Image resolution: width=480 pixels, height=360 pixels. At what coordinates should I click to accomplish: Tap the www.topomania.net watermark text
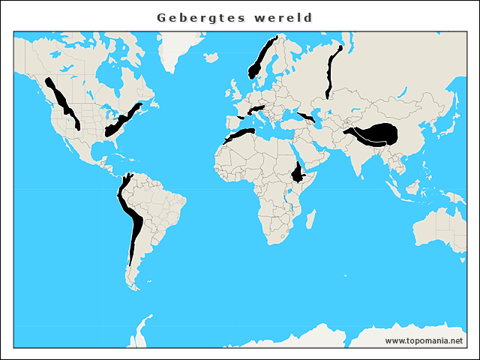click(x=424, y=340)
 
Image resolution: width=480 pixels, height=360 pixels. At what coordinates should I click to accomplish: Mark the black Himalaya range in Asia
click(x=379, y=134)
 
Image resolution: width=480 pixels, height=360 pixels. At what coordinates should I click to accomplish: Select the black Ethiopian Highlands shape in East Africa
click(x=300, y=173)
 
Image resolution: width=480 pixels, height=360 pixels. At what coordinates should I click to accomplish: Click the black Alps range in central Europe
click(x=257, y=109)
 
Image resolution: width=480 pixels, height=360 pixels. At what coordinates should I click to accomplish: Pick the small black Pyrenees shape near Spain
click(x=239, y=118)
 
